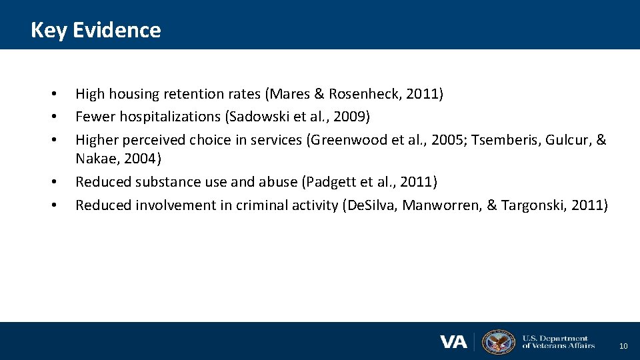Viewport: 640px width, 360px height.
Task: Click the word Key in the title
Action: click(48, 30)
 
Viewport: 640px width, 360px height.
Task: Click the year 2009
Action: click(351, 117)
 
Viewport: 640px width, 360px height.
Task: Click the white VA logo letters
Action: click(454, 342)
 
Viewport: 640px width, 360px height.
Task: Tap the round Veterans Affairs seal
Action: click(498, 342)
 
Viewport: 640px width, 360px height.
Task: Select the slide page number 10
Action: click(623, 346)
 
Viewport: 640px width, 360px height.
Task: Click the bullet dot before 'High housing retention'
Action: click(53, 95)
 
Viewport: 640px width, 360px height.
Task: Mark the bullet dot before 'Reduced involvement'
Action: click(53, 205)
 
